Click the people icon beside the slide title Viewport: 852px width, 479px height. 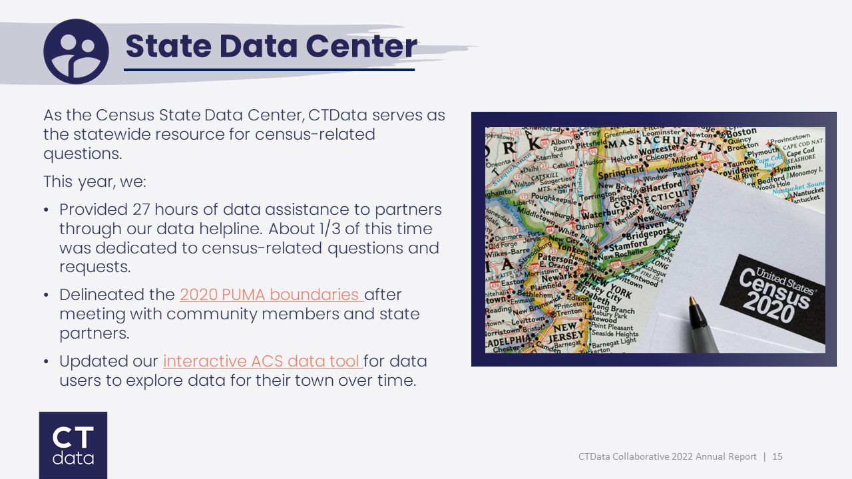(76, 51)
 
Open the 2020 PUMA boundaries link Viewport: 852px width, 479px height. (270, 294)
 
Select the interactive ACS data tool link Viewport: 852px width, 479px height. (262, 361)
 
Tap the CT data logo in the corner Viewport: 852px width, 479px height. (73, 445)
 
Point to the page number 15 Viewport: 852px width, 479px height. (777, 456)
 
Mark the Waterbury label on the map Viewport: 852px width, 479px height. (604, 214)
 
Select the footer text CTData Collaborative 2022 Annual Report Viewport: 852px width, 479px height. (668, 456)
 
